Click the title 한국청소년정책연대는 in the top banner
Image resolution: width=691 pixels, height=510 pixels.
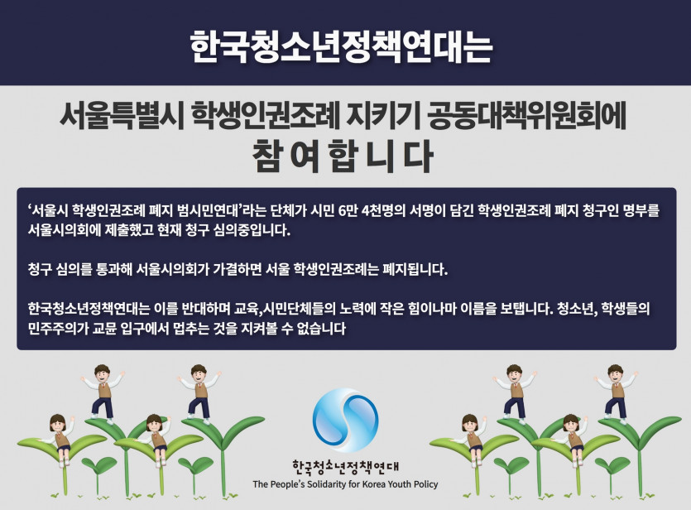tap(341, 46)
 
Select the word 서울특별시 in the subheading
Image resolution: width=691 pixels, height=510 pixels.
tap(122, 116)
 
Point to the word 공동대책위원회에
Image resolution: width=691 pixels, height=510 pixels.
tap(526, 116)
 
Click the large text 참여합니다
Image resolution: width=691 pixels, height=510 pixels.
tap(343, 156)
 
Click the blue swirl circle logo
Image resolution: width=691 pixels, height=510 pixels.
tap(346, 420)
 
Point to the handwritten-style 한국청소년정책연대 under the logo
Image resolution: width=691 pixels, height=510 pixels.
tap(346, 467)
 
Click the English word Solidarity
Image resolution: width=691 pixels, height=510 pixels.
tap(327, 484)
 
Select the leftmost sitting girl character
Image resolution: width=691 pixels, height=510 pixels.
tap(60, 439)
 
